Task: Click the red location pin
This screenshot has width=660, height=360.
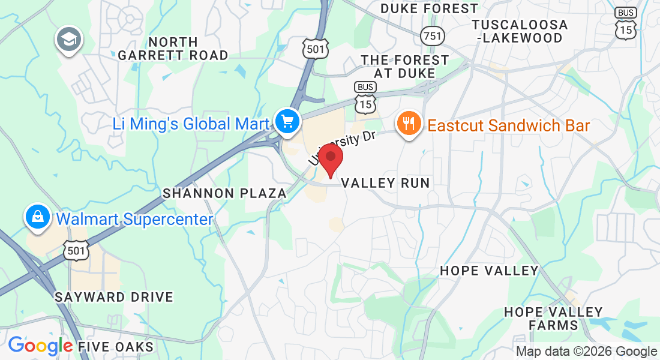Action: (x=330, y=160)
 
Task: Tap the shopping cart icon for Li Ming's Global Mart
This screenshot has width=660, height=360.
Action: (x=287, y=122)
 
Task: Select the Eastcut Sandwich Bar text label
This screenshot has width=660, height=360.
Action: (x=508, y=125)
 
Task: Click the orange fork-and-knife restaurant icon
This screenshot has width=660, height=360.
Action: (x=409, y=124)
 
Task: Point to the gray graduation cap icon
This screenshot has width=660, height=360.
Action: (x=68, y=40)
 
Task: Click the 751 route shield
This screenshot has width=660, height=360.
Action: (x=432, y=35)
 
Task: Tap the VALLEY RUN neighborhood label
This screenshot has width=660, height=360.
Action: (x=386, y=183)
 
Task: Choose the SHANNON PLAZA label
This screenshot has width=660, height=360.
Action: (x=225, y=193)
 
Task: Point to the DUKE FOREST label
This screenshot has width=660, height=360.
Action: (x=430, y=8)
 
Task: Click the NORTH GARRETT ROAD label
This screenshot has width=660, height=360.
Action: (x=173, y=49)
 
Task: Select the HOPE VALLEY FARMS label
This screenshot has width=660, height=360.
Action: (x=553, y=319)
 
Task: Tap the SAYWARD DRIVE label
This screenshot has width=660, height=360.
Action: (x=114, y=297)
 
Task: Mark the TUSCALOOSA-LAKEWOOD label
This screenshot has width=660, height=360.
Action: (x=520, y=31)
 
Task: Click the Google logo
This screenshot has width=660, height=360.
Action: (x=40, y=346)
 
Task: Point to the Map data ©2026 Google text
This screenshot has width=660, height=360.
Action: (x=586, y=352)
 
